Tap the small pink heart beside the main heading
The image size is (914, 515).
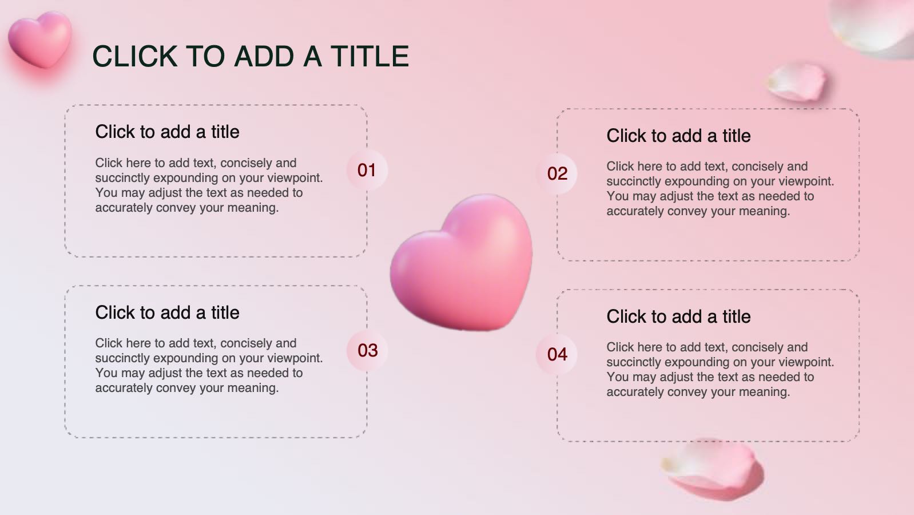click(40, 40)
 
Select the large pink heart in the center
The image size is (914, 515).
click(462, 263)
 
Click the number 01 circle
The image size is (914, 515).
click(367, 170)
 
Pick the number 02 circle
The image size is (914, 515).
click(557, 173)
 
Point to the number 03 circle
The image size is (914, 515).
click(367, 351)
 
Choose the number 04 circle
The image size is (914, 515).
click(557, 354)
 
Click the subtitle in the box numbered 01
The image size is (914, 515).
click(167, 132)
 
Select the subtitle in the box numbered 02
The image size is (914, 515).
click(678, 136)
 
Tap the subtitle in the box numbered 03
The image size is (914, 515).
click(167, 312)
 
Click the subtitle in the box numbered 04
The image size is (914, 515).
click(678, 316)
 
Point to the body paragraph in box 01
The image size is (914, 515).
click(209, 185)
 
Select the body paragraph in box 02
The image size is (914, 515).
click(720, 188)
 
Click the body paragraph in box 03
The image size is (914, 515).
click(209, 366)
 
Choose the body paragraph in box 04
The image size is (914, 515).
click(720, 369)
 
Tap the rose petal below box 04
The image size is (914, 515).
click(713, 469)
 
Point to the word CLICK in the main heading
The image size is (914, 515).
click(135, 56)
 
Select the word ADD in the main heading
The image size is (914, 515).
click(264, 56)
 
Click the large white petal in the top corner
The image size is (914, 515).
click(873, 26)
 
